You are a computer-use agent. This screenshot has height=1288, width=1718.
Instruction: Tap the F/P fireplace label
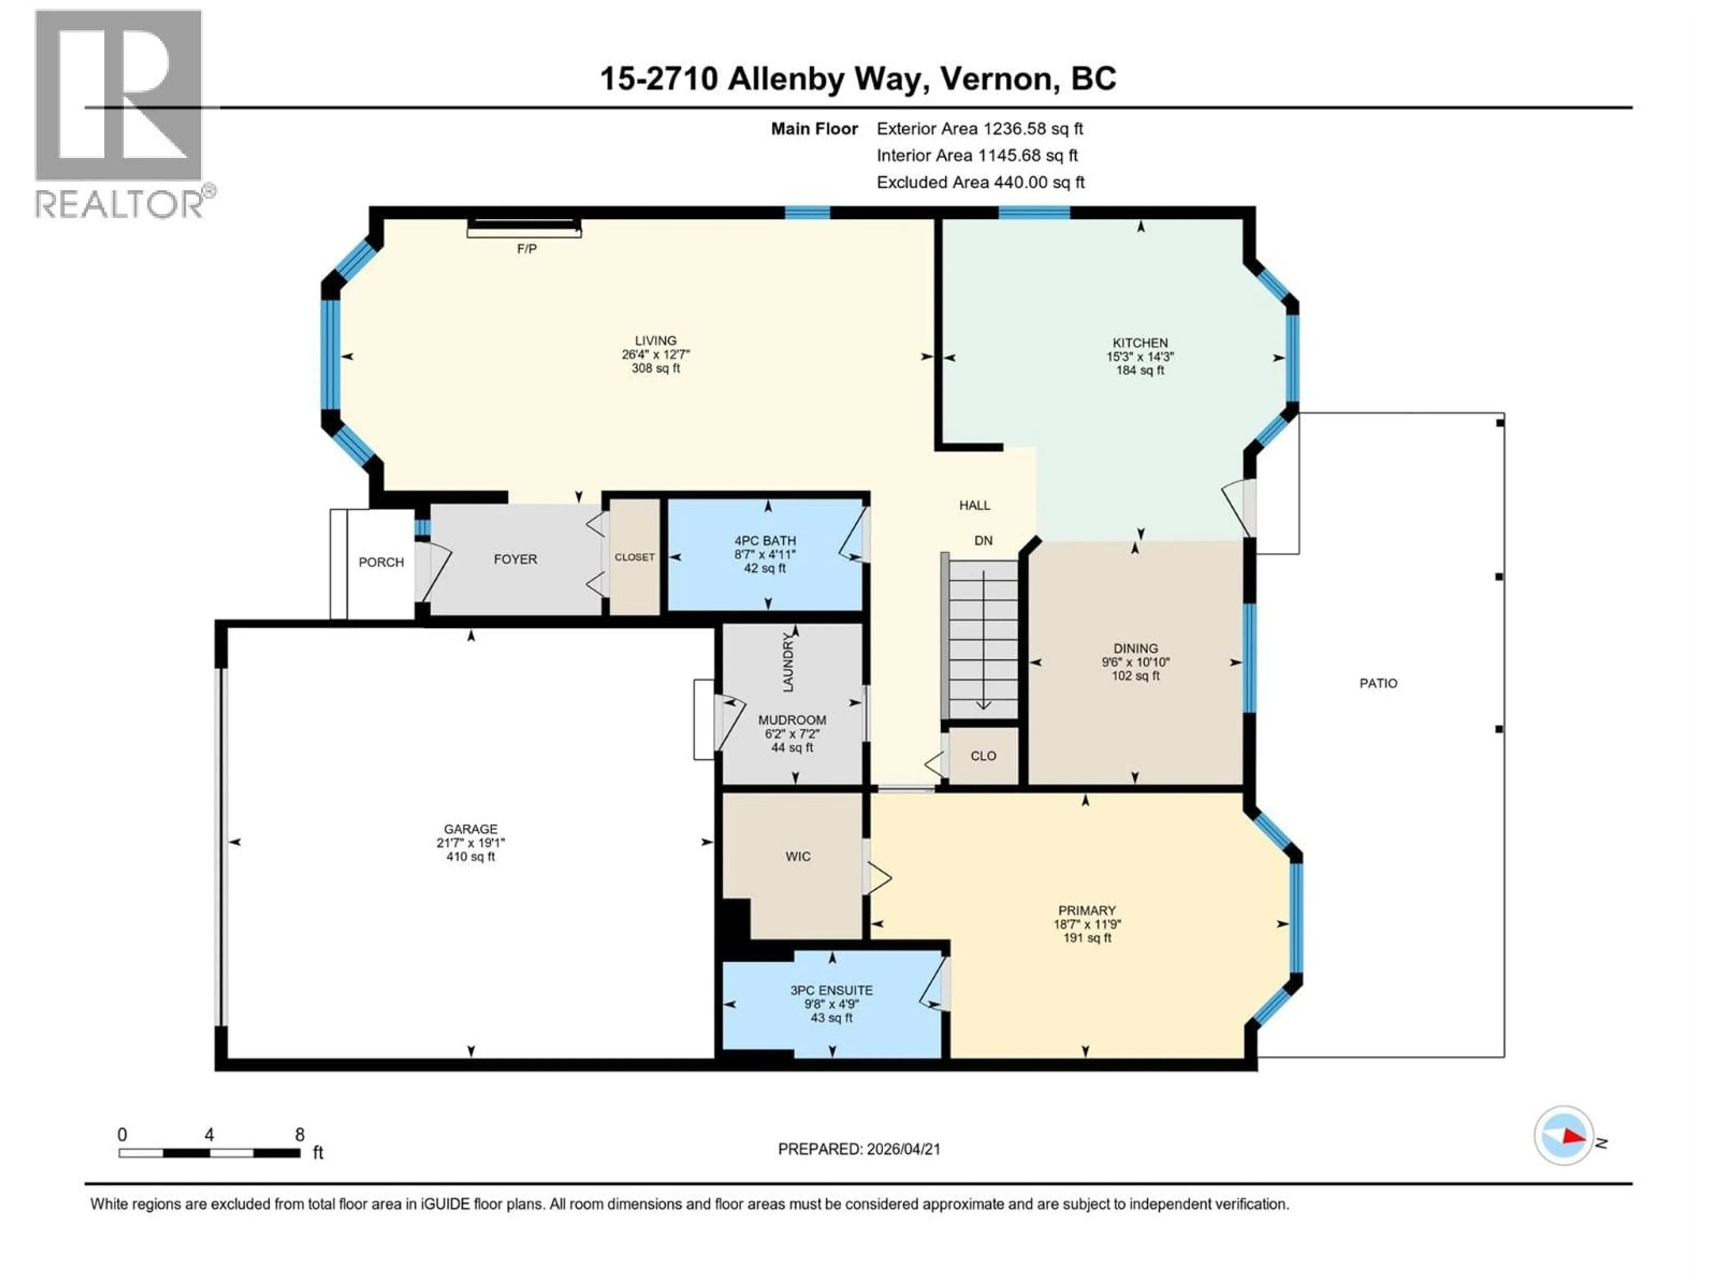coord(527,249)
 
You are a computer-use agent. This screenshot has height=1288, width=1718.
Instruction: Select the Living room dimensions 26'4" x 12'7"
coord(655,354)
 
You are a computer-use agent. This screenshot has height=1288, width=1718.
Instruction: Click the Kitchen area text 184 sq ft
coord(1140,370)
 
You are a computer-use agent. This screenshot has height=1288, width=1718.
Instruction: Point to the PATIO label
coord(1378,683)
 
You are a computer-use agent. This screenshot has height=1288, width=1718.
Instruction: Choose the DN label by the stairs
coord(983,540)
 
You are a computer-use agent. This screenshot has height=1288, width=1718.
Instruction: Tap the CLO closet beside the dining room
coord(983,755)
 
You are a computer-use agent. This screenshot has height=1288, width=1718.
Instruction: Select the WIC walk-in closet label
coord(798,856)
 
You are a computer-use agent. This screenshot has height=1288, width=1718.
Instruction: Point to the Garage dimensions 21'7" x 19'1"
coord(471,843)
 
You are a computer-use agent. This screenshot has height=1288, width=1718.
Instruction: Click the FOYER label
coord(515,559)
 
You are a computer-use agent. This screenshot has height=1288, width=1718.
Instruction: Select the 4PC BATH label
coord(765,540)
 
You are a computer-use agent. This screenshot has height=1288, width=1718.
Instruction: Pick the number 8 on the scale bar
coord(300,1134)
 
